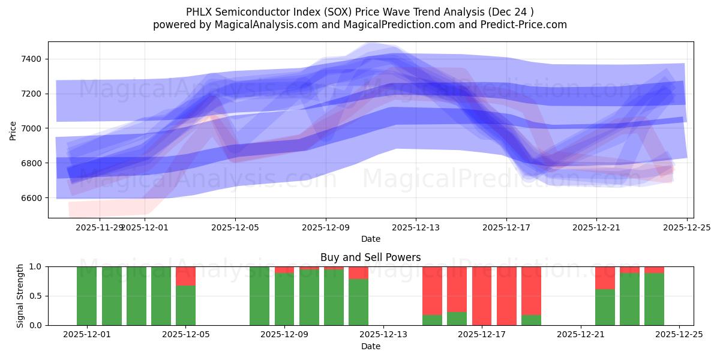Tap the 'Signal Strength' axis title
[x=20, y=296]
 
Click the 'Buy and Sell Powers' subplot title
[x=370, y=257]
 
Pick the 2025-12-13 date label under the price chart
[x=416, y=227]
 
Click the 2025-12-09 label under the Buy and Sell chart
[x=284, y=334]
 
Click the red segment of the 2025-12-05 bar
[x=185, y=276]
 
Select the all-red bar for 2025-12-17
[x=482, y=296]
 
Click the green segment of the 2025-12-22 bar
[x=605, y=307]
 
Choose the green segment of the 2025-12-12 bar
[x=358, y=302]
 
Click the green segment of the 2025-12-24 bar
[x=654, y=299]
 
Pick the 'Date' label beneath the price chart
[x=370, y=239]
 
